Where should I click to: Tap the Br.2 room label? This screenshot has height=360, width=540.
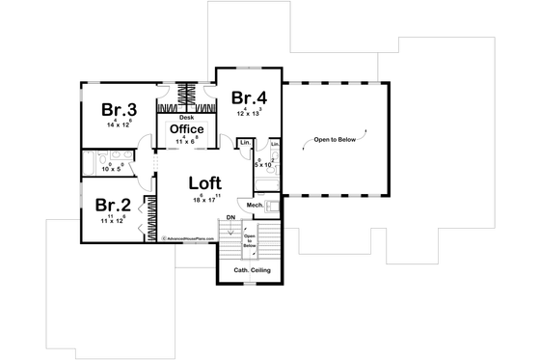(x=111, y=205)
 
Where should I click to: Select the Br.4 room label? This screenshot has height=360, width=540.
(x=249, y=97)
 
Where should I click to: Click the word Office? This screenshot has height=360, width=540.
(x=185, y=128)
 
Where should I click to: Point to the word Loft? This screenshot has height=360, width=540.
(x=205, y=181)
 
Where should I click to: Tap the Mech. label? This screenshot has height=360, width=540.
(x=255, y=205)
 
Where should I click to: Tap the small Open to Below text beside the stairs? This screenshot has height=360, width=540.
(x=249, y=240)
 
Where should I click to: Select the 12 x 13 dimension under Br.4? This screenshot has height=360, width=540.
(x=249, y=113)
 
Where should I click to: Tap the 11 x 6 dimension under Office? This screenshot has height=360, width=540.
(x=185, y=141)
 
